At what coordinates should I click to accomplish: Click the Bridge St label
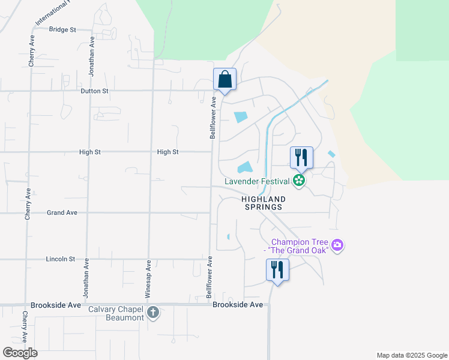point(62,29)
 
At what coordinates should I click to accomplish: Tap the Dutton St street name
point(94,91)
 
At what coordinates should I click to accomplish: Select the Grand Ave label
point(62,212)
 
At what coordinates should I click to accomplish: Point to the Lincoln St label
point(61,259)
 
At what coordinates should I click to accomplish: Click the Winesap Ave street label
point(148,280)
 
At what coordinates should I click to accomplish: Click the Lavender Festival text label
point(258,181)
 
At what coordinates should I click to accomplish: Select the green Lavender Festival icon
point(299,180)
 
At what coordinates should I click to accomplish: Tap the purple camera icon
point(337,245)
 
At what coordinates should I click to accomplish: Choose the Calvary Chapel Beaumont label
point(116,313)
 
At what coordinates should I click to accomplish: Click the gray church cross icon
point(153,312)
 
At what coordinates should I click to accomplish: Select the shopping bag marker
point(224,79)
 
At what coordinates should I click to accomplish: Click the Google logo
point(20,352)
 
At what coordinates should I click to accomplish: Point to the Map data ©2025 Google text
point(411,355)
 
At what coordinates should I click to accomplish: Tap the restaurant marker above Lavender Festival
point(301,158)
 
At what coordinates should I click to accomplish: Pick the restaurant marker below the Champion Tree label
point(277,269)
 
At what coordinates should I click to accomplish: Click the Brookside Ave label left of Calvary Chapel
point(55,305)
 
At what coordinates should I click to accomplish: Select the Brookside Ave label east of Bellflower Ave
point(238,305)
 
